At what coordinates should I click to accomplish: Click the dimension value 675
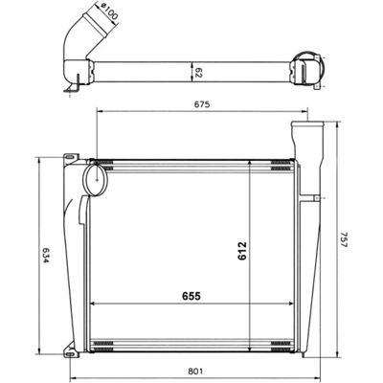click(202, 104)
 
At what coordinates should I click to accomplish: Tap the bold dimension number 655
click(191, 296)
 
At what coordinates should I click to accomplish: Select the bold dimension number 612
click(242, 251)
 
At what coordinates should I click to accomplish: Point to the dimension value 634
click(45, 256)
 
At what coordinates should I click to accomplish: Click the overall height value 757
click(344, 239)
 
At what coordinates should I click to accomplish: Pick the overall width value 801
click(195, 372)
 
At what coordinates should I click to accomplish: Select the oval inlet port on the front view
click(96, 178)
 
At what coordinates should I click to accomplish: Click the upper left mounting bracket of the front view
click(71, 158)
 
